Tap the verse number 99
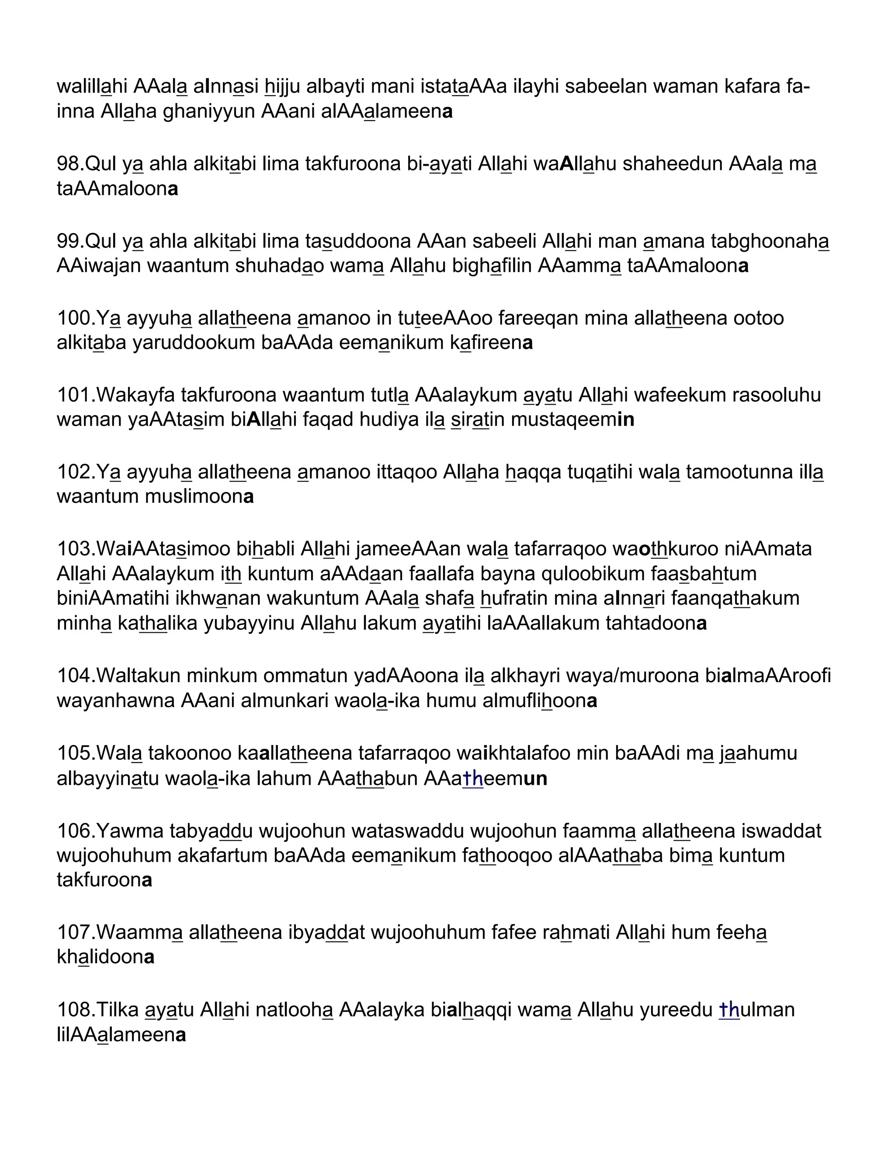click(69, 241)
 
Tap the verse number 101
click(75, 395)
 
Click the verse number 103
click(75, 549)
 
